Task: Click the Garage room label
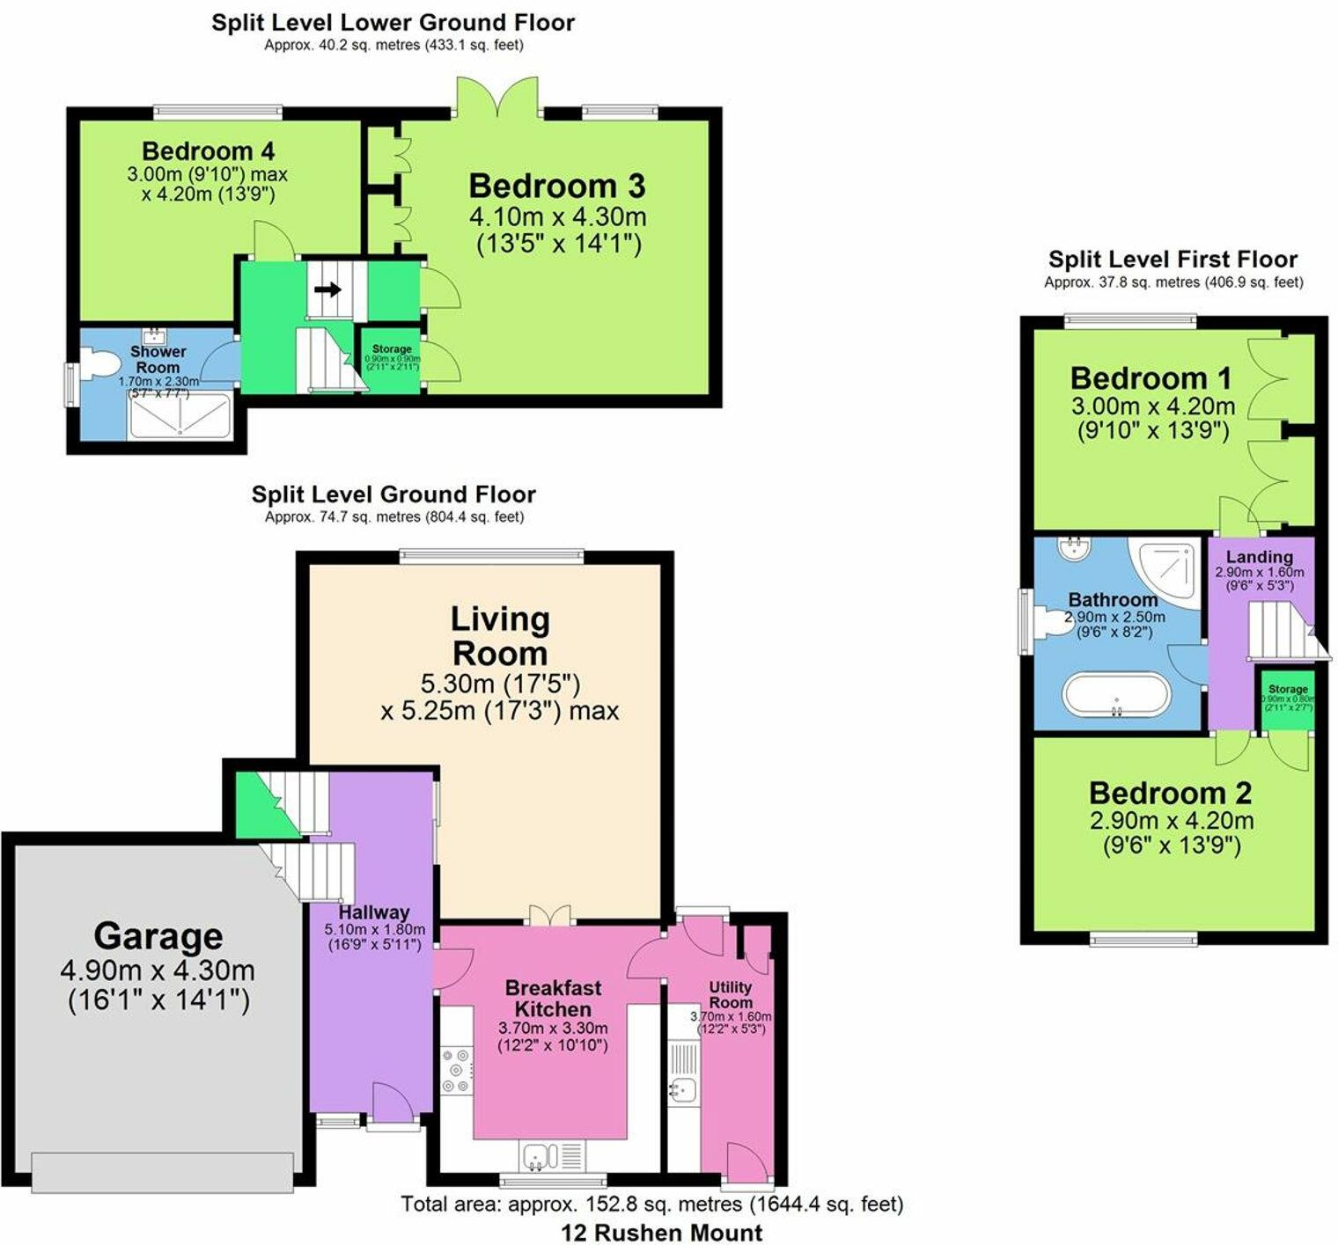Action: pyautogui.click(x=158, y=936)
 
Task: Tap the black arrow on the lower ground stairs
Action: pyautogui.click(x=327, y=289)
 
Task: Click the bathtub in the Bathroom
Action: pyautogui.click(x=1117, y=694)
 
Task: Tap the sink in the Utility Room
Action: pyautogui.click(x=682, y=1090)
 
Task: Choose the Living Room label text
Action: pyautogui.click(x=500, y=636)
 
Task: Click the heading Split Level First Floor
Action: pyautogui.click(x=1173, y=260)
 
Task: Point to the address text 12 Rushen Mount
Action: pyautogui.click(x=661, y=1233)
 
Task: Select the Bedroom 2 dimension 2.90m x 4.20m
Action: pyautogui.click(x=1171, y=821)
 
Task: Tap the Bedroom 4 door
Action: pyautogui.click(x=273, y=240)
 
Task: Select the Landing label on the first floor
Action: pyautogui.click(x=1259, y=557)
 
